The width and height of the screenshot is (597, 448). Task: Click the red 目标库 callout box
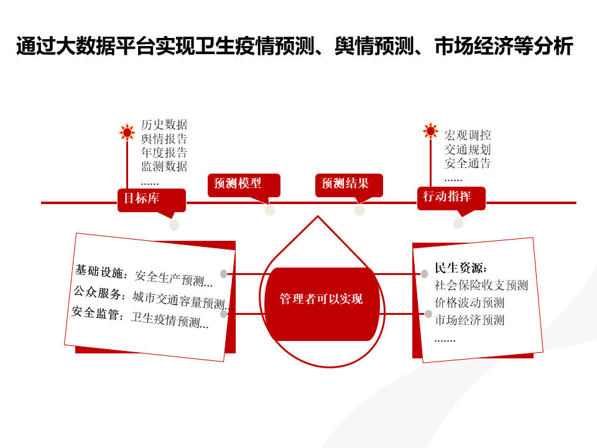152,200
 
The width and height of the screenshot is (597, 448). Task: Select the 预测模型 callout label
244,185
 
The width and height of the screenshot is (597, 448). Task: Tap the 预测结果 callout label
349,185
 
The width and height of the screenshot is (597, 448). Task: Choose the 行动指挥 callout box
451,198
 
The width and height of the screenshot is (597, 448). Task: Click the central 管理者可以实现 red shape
322,304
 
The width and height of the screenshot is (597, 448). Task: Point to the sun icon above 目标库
127,132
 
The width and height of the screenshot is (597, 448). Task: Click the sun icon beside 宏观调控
430,131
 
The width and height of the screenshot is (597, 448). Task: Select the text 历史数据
164,124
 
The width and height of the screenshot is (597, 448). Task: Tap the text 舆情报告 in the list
164,138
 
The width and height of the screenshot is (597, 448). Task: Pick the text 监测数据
164,166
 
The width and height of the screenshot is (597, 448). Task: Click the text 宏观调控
468,135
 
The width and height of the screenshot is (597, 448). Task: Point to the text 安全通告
468,163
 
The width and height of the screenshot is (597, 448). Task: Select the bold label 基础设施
99,271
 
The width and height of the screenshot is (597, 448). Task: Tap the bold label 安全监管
96,313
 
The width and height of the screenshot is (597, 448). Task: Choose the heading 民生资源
461,268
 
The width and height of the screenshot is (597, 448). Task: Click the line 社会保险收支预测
481,285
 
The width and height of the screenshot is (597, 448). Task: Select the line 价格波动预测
470,302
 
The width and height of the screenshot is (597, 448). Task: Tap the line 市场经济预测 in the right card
470,320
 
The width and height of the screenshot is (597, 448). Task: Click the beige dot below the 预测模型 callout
270,210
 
